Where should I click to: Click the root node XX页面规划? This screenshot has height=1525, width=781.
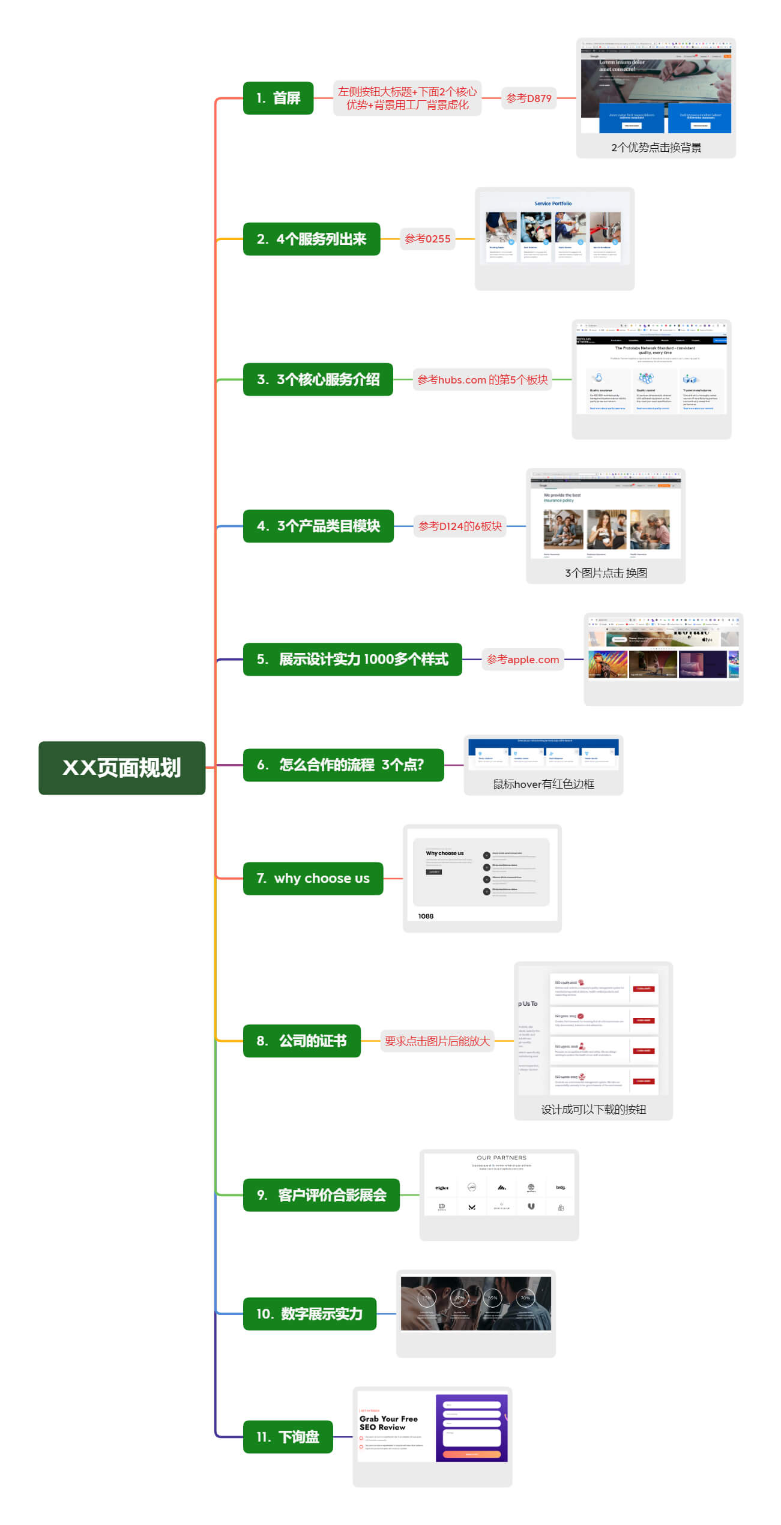[x=122, y=768]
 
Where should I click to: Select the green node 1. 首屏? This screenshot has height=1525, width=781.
[x=278, y=98]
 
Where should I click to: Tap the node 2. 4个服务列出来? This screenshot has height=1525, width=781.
[x=311, y=239]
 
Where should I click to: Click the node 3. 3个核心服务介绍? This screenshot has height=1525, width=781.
[x=318, y=379]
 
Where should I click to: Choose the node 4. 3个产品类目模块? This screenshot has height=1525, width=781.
[x=318, y=526]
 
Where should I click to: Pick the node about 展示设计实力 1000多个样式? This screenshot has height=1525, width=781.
[x=352, y=659]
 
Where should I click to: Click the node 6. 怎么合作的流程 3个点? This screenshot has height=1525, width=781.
[x=343, y=765]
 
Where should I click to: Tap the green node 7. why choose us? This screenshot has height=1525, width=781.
[x=313, y=878]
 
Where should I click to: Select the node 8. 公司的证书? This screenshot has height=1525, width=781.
[x=301, y=1041]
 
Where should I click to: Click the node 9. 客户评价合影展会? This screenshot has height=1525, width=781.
[x=321, y=1195]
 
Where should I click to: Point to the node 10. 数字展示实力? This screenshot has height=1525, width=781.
[x=309, y=1314]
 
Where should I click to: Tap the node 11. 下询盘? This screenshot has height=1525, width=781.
[x=288, y=1437]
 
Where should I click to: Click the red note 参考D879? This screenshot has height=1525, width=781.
[x=528, y=98]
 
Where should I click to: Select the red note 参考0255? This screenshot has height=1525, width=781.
[x=427, y=239]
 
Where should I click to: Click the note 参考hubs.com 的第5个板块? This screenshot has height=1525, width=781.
[x=482, y=379]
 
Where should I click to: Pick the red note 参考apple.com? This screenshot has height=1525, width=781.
[x=522, y=659]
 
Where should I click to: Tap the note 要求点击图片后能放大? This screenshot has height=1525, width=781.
[x=437, y=1041]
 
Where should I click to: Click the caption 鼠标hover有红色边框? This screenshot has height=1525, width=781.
[x=543, y=784]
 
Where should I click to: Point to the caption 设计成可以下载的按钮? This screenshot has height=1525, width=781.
[x=593, y=1109]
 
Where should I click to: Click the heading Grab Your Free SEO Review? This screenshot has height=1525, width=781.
[x=388, y=1422]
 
